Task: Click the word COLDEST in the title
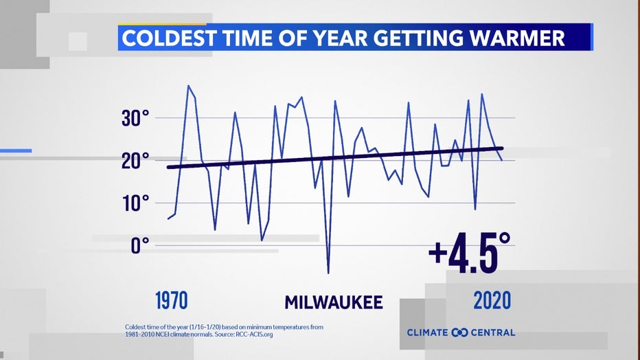[168, 38]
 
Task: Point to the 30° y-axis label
[135, 118]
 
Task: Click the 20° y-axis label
[135, 161]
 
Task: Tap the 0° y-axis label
[140, 246]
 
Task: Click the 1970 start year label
[172, 301]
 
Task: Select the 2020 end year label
[492, 301]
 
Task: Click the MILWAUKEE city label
[334, 302]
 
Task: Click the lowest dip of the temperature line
[328, 273]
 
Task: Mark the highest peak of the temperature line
[188, 86]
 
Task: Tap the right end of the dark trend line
[502, 148]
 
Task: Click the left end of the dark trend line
[168, 167]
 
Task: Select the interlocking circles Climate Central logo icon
[459, 333]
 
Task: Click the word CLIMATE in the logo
[427, 333]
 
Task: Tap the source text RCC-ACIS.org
[254, 335]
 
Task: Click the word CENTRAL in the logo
[493, 333]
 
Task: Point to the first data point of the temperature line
[168, 218]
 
